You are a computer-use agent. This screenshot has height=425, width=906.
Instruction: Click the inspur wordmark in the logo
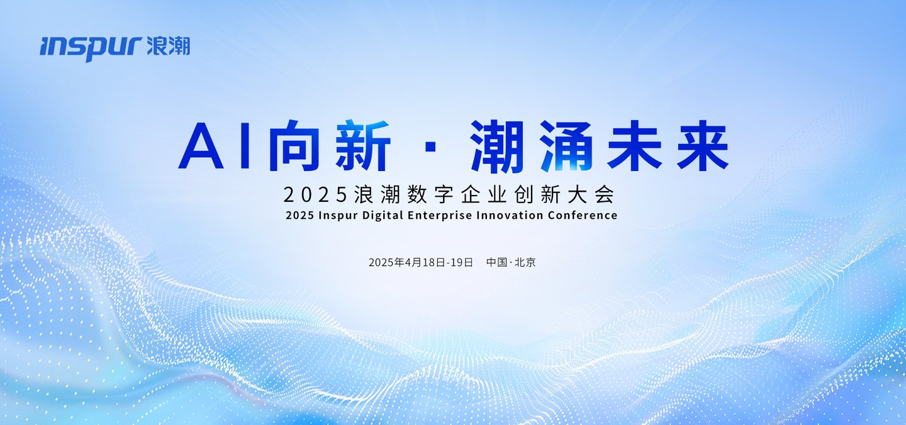coord(91,48)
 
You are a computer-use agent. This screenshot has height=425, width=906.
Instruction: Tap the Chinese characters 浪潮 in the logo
coord(169,46)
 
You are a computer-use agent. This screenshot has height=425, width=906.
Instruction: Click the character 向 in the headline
coord(294,145)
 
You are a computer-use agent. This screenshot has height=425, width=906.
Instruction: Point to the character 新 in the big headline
coord(363,145)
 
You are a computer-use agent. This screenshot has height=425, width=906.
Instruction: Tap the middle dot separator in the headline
coord(431,146)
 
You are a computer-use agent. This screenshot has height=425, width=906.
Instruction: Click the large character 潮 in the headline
coord(498,146)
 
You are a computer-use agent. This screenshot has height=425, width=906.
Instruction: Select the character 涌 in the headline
coord(566,146)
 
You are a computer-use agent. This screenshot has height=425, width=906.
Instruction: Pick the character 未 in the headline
coord(634,145)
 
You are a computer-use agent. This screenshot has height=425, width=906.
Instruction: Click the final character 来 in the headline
coord(703,145)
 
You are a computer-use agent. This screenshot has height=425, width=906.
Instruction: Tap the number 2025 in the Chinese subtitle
coord(315,195)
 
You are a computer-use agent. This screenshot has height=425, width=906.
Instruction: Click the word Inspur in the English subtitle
coord(338,216)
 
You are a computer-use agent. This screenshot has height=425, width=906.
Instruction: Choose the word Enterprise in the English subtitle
coord(440,216)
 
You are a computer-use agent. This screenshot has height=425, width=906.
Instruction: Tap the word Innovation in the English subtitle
coord(510,215)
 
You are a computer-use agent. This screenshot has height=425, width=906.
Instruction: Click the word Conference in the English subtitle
coord(583,215)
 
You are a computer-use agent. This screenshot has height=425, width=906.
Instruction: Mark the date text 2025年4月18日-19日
coord(421,262)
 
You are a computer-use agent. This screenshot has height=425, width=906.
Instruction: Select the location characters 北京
coord(525,262)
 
